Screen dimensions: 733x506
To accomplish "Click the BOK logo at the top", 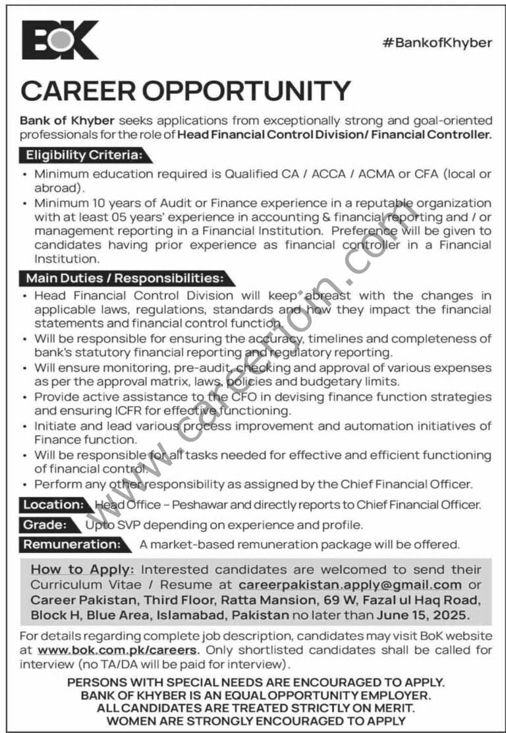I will coord(60,40).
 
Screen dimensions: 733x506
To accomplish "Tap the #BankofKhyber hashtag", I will coord(437,43).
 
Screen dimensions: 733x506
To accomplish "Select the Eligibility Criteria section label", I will coord(84,156).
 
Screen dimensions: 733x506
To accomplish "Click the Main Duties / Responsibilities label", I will coord(125,278).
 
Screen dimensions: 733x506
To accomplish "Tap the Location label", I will coord(53,504).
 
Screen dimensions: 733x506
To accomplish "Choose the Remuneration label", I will coord(72,544).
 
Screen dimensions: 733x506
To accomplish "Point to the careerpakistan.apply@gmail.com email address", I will coord(350,584).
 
